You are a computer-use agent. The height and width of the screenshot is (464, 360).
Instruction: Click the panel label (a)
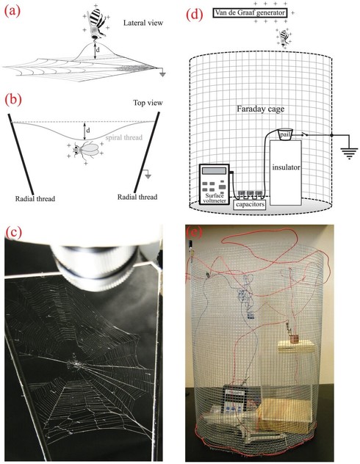point(12,12)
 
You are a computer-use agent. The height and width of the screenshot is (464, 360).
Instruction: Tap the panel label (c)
point(14,233)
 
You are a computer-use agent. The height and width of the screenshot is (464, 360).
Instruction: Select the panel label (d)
point(195,15)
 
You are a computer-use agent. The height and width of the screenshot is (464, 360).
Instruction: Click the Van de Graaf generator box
point(250,12)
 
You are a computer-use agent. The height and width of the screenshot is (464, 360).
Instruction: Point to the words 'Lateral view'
point(143,23)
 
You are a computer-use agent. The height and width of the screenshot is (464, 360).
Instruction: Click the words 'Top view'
point(148,103)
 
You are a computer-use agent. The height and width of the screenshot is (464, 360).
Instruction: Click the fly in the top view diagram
point(86,149)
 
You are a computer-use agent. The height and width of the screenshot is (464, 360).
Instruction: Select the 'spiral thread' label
point(124,137)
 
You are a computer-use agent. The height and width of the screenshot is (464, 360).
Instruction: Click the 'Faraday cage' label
point(261,109)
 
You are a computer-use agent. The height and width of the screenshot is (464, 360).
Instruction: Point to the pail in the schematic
point(285,134)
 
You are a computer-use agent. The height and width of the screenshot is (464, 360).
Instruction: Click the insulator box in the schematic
point(285,173)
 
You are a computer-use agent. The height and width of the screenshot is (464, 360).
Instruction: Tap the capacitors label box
point(250,205)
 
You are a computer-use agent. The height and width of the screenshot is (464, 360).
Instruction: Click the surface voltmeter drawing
point(215,184)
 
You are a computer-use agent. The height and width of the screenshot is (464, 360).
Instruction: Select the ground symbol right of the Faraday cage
point(349,152)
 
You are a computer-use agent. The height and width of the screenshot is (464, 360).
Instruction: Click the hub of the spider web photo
point(77,363)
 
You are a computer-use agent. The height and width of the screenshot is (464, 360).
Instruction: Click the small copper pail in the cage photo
point(294,339)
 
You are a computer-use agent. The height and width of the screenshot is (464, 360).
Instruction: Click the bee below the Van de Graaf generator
point(284,38)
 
